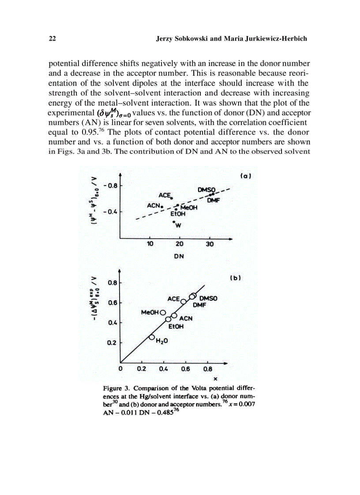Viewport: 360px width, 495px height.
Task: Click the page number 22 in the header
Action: click(x=52, y=39)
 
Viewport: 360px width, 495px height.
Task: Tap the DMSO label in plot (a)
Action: click(x=206, y=190)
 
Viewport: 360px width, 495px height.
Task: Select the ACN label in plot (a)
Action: click(x=154, y=205)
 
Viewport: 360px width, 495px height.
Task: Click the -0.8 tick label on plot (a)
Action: click(x=110, y=186)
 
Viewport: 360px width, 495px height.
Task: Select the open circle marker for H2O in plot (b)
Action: click(x=152, y=338)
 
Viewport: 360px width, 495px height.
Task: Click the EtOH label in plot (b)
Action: click(x=176, y=327)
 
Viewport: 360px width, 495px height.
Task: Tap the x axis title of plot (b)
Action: click(x=215, y=378)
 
